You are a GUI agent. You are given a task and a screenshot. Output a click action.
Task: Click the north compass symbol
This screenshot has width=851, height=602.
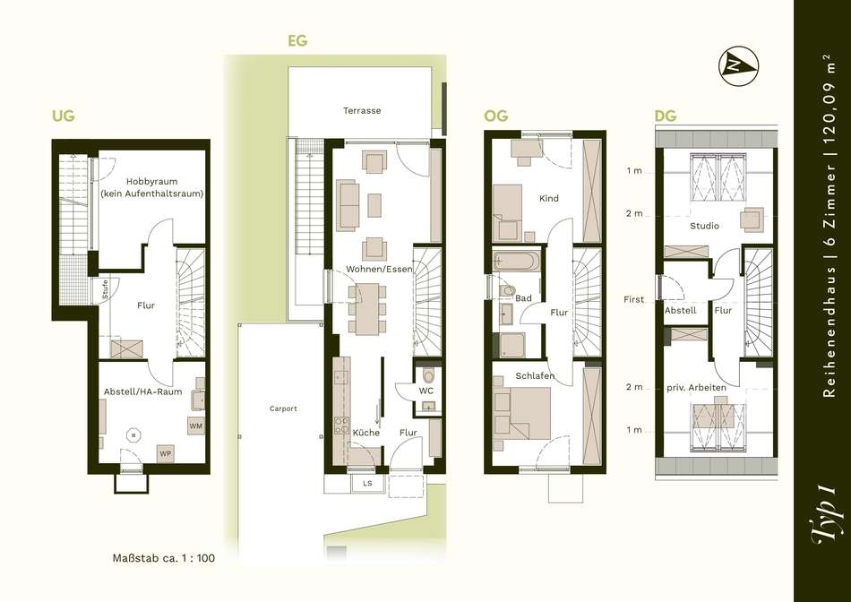(x=739, y=66)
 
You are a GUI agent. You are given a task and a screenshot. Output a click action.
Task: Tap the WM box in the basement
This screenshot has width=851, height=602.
(x=196, y=426)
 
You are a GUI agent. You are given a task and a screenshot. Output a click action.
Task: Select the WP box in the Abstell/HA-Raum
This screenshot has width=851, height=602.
(x=165, y=453)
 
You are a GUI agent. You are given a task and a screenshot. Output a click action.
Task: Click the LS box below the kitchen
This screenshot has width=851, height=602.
(x=367, y=483)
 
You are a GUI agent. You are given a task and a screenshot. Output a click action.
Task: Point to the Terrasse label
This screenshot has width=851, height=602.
(x=362, y=110)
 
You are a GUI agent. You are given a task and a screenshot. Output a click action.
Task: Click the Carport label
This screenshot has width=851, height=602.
(x=283, y=408)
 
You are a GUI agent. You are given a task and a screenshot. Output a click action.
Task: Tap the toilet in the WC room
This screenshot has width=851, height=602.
(x=428, y=376)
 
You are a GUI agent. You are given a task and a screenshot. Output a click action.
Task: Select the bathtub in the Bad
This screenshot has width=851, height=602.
(x=517, y=261)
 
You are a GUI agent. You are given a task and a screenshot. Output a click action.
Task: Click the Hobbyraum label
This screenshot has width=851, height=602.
(x=152, y=181)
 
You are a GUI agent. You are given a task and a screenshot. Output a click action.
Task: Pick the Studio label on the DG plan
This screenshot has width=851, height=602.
(x=704, y=226)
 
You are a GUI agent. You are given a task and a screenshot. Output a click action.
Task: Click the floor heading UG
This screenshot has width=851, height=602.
(x=63, y=116)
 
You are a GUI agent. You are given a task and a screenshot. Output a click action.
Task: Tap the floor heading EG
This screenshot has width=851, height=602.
(x=297, y=40)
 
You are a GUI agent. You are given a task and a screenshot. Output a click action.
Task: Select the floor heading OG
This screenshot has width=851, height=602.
(x=496, y=116)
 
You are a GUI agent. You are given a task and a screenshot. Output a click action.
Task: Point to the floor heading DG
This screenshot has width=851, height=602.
(x=666, y=116)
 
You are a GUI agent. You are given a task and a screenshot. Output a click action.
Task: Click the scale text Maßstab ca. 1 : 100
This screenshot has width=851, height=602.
(x=164, y=558)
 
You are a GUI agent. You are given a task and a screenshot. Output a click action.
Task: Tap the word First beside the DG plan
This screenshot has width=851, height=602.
(x=633, y=299)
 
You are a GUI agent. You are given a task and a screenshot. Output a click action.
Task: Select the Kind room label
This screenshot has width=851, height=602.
(x=549, y=198)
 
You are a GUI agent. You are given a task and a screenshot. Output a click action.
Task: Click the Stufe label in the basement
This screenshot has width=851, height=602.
(x=105, y=289)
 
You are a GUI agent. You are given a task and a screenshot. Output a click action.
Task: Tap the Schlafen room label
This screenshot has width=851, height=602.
(x=535, y=375)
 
